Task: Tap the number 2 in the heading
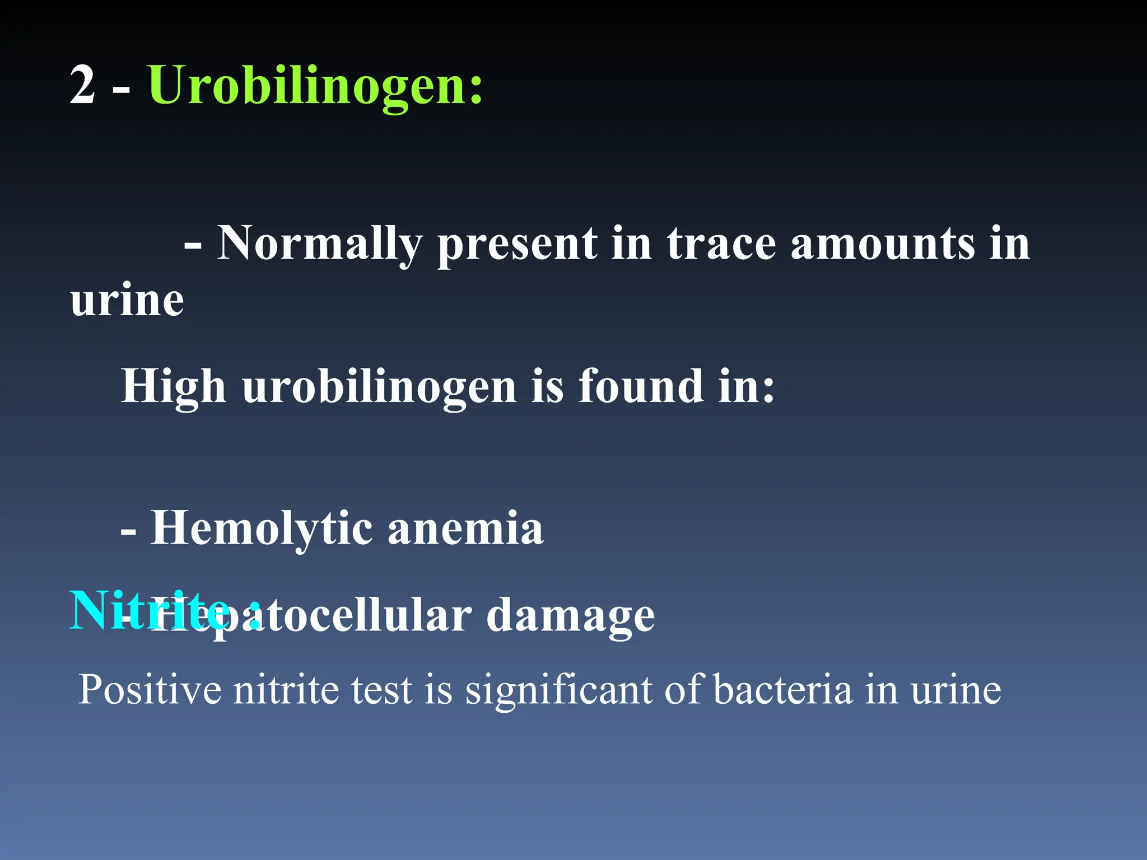[x=82, y=85]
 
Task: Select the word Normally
[x=319, y=244]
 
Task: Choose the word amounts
[x=882, y=244]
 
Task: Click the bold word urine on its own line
[x=127, y=300]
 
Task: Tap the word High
[x=174, y=386]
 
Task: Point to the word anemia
[x=465, y=528]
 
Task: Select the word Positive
[x=150, y=689]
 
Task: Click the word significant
[x=559, y=689]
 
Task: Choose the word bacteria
[x=782, y=689]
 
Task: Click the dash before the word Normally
[x=193, y=245]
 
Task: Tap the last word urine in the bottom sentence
[x=955, y=689]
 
